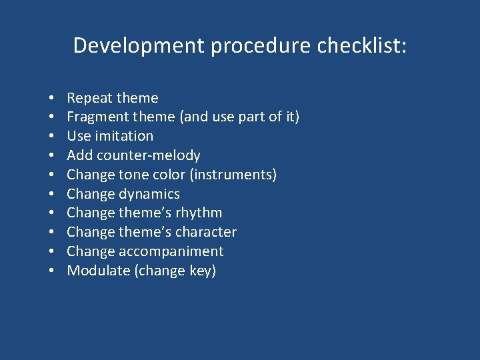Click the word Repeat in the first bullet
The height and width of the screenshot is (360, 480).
click(89, 98)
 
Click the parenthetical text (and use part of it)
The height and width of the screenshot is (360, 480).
click(239, 117)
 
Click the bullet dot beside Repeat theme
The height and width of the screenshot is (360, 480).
click(51, 99)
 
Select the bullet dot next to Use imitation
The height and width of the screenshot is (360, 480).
click(51, 137)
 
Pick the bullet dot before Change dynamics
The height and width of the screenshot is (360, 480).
click(51, 195)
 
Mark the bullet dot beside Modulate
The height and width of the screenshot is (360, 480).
click(51, 271)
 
